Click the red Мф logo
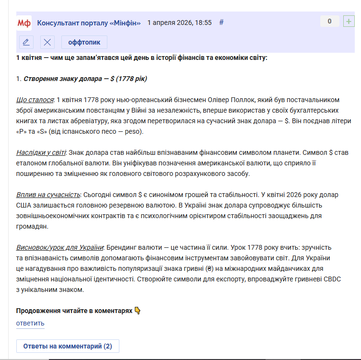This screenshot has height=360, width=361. [24, 23]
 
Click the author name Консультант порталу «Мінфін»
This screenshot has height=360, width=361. [89, 23]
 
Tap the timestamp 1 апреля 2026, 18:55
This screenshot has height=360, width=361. [179, 23]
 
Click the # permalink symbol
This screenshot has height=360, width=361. [221, 22]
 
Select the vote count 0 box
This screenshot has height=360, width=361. [329, 21]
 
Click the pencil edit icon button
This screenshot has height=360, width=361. [26, 42]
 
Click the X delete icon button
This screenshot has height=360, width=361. [47, 42]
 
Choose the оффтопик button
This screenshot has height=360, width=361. [84, 42]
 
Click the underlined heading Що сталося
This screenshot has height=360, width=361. [35, 100]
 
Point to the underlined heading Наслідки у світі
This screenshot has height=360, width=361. [41, 152]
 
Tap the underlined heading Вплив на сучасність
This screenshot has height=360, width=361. [48, 195]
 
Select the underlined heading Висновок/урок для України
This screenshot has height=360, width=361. [60, 248]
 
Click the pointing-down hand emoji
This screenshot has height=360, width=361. [138, 311]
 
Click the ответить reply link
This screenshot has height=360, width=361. [30, 323]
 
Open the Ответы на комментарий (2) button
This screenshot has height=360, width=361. [68, 346]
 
